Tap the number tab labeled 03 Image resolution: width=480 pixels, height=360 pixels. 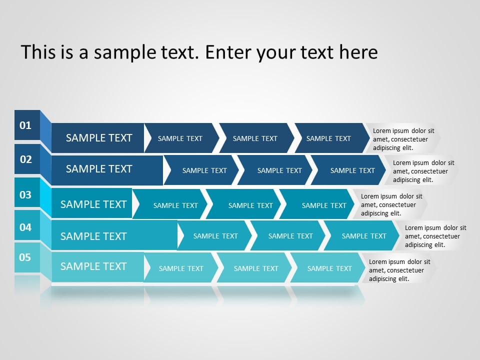pyautogui.click(x=26, y=194)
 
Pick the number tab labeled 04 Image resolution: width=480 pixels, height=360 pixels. pyautogui.click(x=26, y=227)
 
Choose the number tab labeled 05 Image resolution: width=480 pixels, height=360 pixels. pyautogui.click(x=25, y=257)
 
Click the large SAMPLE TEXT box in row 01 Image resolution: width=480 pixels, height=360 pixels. pyautogui.click(x=98, y=138)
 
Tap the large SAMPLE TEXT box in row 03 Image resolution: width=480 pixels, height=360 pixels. pyautogui.click(x=93, y=204)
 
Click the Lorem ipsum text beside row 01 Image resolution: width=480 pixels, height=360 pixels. pyautogui.click(x=403, y=139)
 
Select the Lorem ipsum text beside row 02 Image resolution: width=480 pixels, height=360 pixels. pyautogui.click(x=423, y=171)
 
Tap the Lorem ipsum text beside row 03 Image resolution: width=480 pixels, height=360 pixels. pyautogui.click(x=391, y=204)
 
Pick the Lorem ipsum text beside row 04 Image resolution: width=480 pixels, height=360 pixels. pyautogui.click(x=435, y=236)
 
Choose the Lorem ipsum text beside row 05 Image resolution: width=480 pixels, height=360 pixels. pyautogui.click(x=399, y=270)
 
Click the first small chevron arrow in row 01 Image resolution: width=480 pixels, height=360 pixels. pyautogui.click(x=180, y=138)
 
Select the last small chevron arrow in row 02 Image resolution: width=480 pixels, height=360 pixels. pyautogui.click(x=352, y=170)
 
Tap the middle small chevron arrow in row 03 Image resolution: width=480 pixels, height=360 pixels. pyautogui.click(x=250, y=205)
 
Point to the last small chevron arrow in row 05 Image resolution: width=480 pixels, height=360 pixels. pyautogui.click(x=329, y=268)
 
